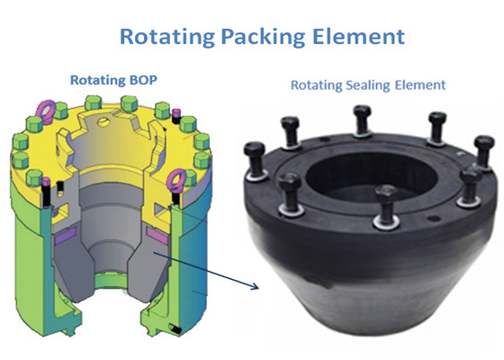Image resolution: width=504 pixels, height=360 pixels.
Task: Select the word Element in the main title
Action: [x=348, y=39]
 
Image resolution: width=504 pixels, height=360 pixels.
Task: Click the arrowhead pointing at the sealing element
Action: [x=255, y=288]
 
